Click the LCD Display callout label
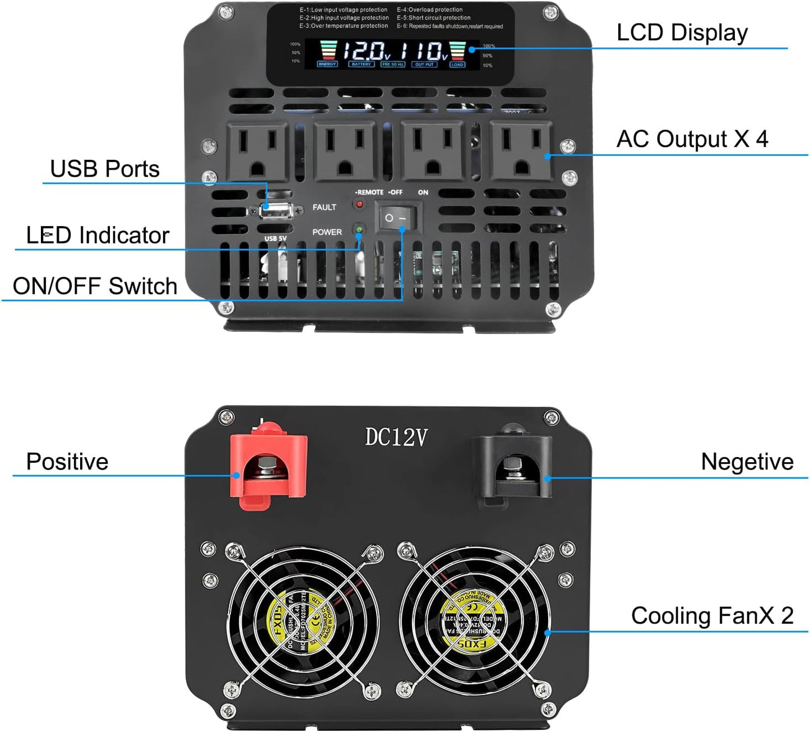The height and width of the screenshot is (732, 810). coord(682,33)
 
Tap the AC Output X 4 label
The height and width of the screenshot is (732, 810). coord(692,139)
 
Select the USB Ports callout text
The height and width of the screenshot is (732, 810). coord(105,169)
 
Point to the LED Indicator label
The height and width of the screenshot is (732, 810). coord(98,236)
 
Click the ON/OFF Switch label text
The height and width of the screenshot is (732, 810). coord(95,286)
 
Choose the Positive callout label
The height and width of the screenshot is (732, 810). coord(67,462)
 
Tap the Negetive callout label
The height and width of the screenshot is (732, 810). coord(747,462)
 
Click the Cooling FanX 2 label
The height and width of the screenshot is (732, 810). coord(712,615)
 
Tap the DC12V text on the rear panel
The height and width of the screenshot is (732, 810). coord(396,437)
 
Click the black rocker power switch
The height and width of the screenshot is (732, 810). coord(396,217)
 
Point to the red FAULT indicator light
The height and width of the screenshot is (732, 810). coord(359,204)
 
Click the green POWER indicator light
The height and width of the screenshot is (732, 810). coord(359,230)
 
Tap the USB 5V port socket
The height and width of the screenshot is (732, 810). coord(275,211)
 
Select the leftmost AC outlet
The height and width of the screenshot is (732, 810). coord(257,151)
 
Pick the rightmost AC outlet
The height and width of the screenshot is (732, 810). coord(521,151)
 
